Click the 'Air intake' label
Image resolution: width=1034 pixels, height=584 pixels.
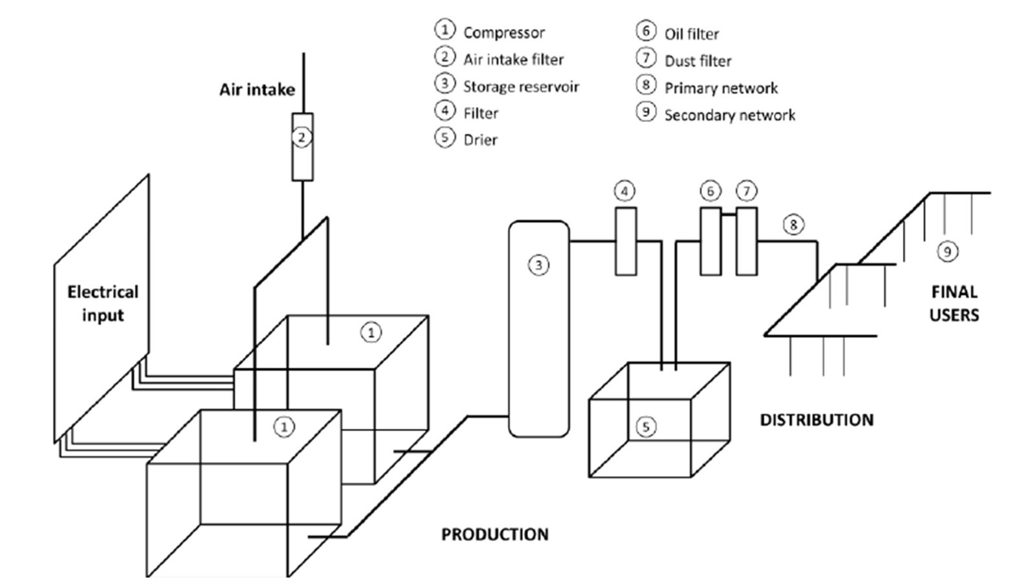(257, 90)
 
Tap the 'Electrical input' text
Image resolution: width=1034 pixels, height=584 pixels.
(102, 304)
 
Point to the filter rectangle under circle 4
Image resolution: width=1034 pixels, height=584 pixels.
(625, 241)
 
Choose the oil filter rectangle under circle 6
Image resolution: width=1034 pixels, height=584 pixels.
(710, 241)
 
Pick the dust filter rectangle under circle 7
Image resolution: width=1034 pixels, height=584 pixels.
(747, 241)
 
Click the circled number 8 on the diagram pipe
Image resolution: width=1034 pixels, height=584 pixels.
(793, 225)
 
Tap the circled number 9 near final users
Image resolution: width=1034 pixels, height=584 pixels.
(947, 251)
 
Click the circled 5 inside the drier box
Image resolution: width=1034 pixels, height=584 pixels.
(645, 426)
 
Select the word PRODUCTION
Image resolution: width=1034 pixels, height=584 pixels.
(495, 534)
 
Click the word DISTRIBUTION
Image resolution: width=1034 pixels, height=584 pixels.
(817, 420)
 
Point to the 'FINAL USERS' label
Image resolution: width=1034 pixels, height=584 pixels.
(954, 304)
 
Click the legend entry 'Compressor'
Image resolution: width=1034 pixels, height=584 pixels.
(503, 32)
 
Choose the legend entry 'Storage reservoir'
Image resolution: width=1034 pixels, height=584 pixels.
(520, 86)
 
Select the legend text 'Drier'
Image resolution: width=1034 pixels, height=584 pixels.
(480, 140)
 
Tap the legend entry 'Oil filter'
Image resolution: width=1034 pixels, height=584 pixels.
(691, 34)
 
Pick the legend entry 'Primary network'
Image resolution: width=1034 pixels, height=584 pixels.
(721, 88)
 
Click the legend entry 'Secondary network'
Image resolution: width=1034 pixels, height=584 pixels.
(729, 115)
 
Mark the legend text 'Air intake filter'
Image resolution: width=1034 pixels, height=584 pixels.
(513, 60)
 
